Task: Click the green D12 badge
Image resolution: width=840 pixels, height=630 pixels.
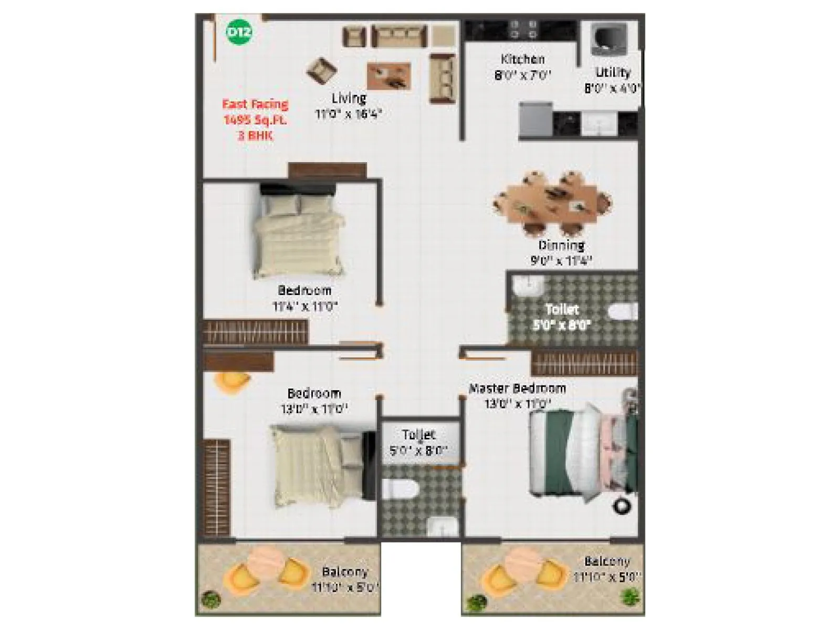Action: point(239,32)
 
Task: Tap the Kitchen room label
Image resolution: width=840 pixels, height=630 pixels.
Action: point(522,59)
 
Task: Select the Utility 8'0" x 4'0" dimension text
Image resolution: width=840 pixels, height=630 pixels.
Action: point(612,88)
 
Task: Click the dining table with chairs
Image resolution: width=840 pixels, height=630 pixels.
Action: point(552,202)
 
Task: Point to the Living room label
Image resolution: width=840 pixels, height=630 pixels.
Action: point(349,98)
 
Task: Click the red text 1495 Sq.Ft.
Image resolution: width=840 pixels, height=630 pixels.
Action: point(256,120)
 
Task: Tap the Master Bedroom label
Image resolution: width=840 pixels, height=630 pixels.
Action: point(517,388)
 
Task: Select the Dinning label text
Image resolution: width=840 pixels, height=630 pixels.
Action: point(561,245)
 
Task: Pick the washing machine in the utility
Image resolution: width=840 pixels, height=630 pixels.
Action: point(608,39)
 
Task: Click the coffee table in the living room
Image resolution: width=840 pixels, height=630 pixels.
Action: point(389,76)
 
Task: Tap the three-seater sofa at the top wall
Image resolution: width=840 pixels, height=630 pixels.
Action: point(399,37)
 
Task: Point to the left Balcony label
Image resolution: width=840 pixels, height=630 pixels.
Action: point(345,572)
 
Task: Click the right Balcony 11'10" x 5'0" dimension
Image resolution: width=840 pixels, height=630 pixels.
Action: point(607,577)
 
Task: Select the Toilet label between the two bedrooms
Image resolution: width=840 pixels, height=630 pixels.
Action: point(419,435)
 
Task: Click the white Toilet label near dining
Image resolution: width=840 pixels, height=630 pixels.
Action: point(562,309)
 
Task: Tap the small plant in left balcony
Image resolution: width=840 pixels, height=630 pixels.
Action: point(211,599)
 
